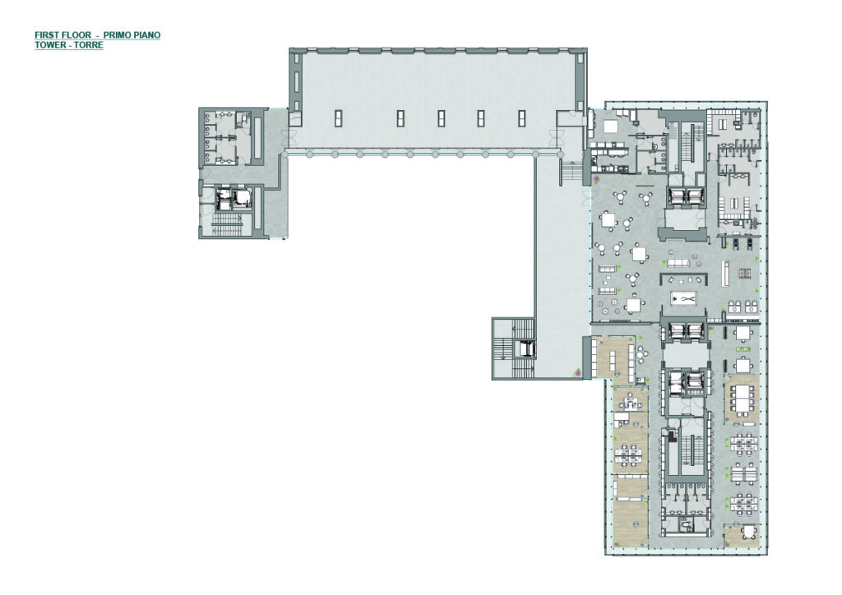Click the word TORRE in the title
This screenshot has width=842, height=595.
[89, 45]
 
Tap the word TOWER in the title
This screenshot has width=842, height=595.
[49, 45]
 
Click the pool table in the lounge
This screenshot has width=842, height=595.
[683, 297]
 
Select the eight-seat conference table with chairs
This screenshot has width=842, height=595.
[741, 399]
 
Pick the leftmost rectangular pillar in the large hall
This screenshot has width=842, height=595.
[338, 118]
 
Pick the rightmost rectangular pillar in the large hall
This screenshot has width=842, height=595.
[521, 118]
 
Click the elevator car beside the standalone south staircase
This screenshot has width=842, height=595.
[525, 349]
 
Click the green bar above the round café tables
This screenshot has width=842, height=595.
[644, 186]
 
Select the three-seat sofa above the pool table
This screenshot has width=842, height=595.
[678, 263]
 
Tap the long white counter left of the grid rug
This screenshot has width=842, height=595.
[725, 273]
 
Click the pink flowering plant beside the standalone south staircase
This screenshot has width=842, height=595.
[578, 371]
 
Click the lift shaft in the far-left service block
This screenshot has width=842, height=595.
[233, 197]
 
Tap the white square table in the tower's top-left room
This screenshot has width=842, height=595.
[612, 127]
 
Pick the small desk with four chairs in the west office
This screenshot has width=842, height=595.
[628, 401]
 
